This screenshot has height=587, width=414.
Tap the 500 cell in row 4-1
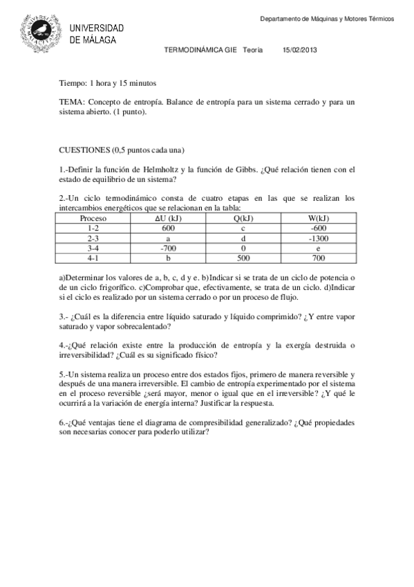click(x=243, y=256)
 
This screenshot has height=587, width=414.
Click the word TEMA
click(x=70, y=101)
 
